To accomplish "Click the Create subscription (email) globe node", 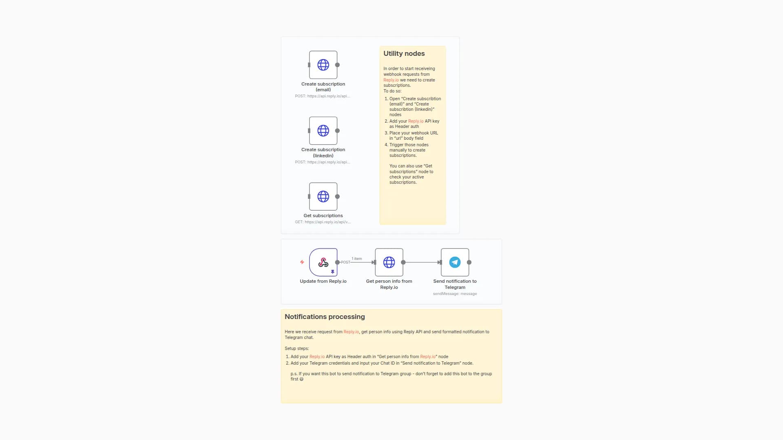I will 323,65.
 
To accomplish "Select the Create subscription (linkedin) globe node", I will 323,131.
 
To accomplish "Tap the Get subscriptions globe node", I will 323,196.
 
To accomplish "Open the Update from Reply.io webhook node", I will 323,262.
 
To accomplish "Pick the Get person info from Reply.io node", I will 389,262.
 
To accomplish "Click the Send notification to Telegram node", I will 455,262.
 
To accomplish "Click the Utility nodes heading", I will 404,53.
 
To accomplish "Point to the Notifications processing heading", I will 325,317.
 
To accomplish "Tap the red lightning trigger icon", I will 302,262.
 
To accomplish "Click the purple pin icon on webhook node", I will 333,272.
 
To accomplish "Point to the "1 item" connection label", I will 357,259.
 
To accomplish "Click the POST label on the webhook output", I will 345,262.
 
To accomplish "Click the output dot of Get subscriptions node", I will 337,196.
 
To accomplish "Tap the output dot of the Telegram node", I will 469,262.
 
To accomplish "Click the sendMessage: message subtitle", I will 455,294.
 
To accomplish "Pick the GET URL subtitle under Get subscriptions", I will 323,222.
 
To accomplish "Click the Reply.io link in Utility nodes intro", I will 391,80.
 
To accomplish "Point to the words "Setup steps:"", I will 296,348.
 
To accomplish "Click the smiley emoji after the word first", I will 302,379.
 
